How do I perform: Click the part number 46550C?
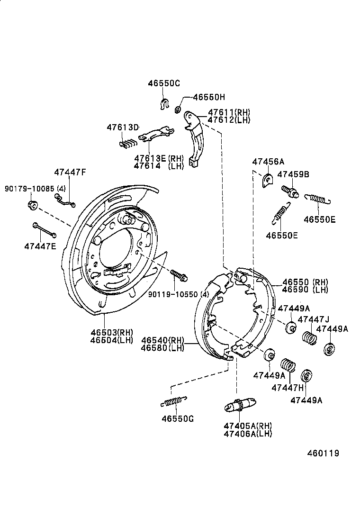coord(164,83)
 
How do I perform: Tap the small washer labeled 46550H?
coord(178,110)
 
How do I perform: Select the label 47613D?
coord(122,127)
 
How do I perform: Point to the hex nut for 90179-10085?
coord(33,205)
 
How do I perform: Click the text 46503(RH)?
coord(112,332)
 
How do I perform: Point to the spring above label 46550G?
coord(174,401)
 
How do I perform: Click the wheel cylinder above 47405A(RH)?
coord(240,406)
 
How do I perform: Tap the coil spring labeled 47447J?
coord(310,338)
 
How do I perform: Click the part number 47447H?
coord(287,388)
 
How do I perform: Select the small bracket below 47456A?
coord(267,181)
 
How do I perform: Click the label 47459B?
coord(293,174)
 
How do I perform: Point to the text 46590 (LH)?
coord(305,290)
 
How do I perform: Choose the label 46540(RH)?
coord(162,340)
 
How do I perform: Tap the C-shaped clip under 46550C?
coord(164,104)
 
